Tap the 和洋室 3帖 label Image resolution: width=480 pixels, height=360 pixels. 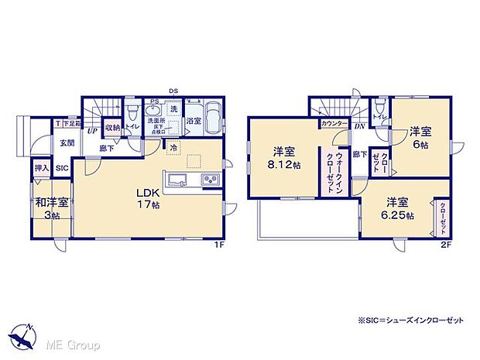51,207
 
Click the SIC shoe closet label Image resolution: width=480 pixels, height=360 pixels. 61,166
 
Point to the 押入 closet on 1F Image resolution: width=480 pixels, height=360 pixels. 41,166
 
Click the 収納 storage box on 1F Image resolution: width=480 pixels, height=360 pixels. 112,128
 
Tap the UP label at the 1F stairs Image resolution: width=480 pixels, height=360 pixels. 92,131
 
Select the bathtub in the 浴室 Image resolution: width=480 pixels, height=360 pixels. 213,121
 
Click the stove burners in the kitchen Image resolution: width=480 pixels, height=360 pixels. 211,180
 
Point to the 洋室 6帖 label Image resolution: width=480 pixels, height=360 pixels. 419,138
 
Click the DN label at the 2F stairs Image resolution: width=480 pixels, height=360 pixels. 360,126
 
